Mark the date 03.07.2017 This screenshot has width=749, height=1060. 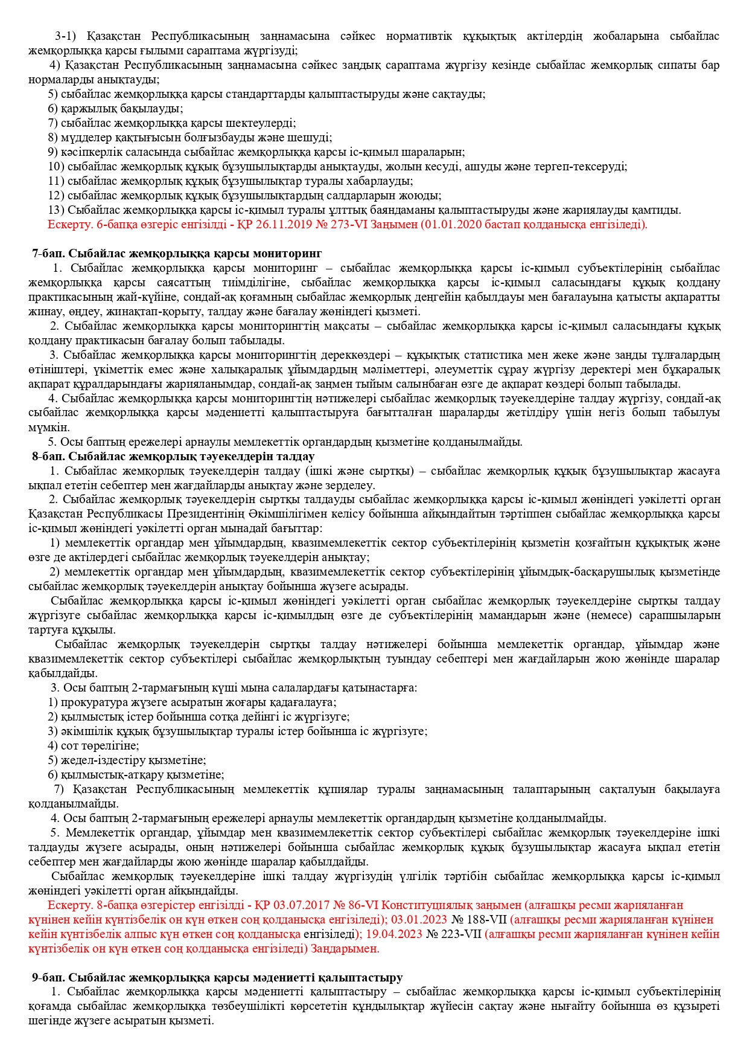pos(299,905)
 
